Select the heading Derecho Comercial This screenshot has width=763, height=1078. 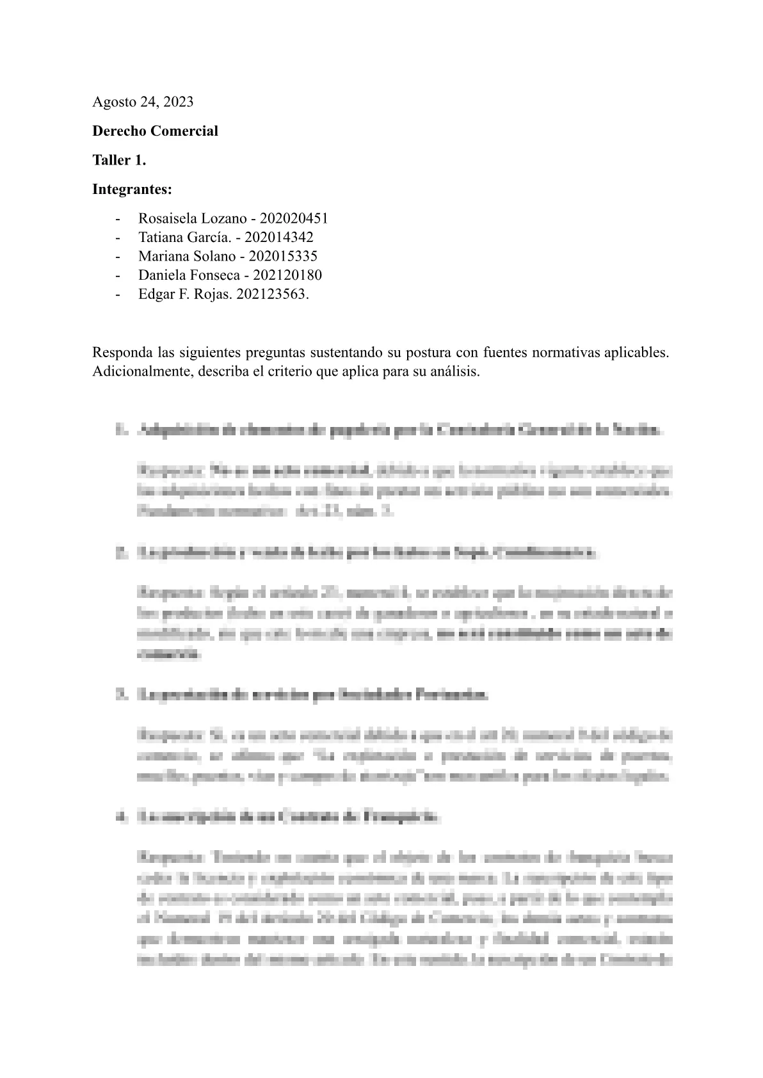pyautogui.click(x=155, y=131)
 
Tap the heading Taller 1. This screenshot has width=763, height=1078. pyautogui.click(x=119, y=161)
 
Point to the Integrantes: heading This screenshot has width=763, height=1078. pyautogui.click(x=132, y=189)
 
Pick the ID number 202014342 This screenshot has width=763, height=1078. pyautogui.click(x=279, y=237)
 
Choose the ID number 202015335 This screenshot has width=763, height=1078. pyautogui.click(x=283, y=256)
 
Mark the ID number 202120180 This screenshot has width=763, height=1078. pyautogui.click(x=287, y=275)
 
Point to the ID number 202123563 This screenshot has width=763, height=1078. pyautogui.click(x=271, y=294)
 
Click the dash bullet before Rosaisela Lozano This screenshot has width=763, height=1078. pyautogui.click(x=117, y=218)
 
